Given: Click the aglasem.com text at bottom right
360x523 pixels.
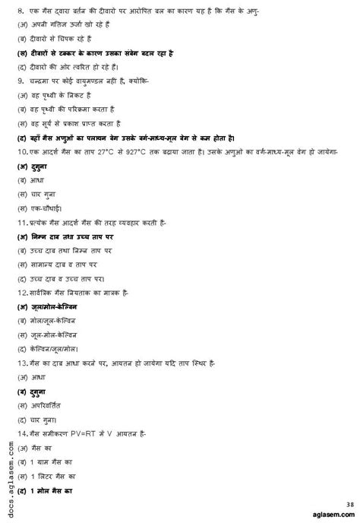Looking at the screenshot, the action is tap(330, 515).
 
